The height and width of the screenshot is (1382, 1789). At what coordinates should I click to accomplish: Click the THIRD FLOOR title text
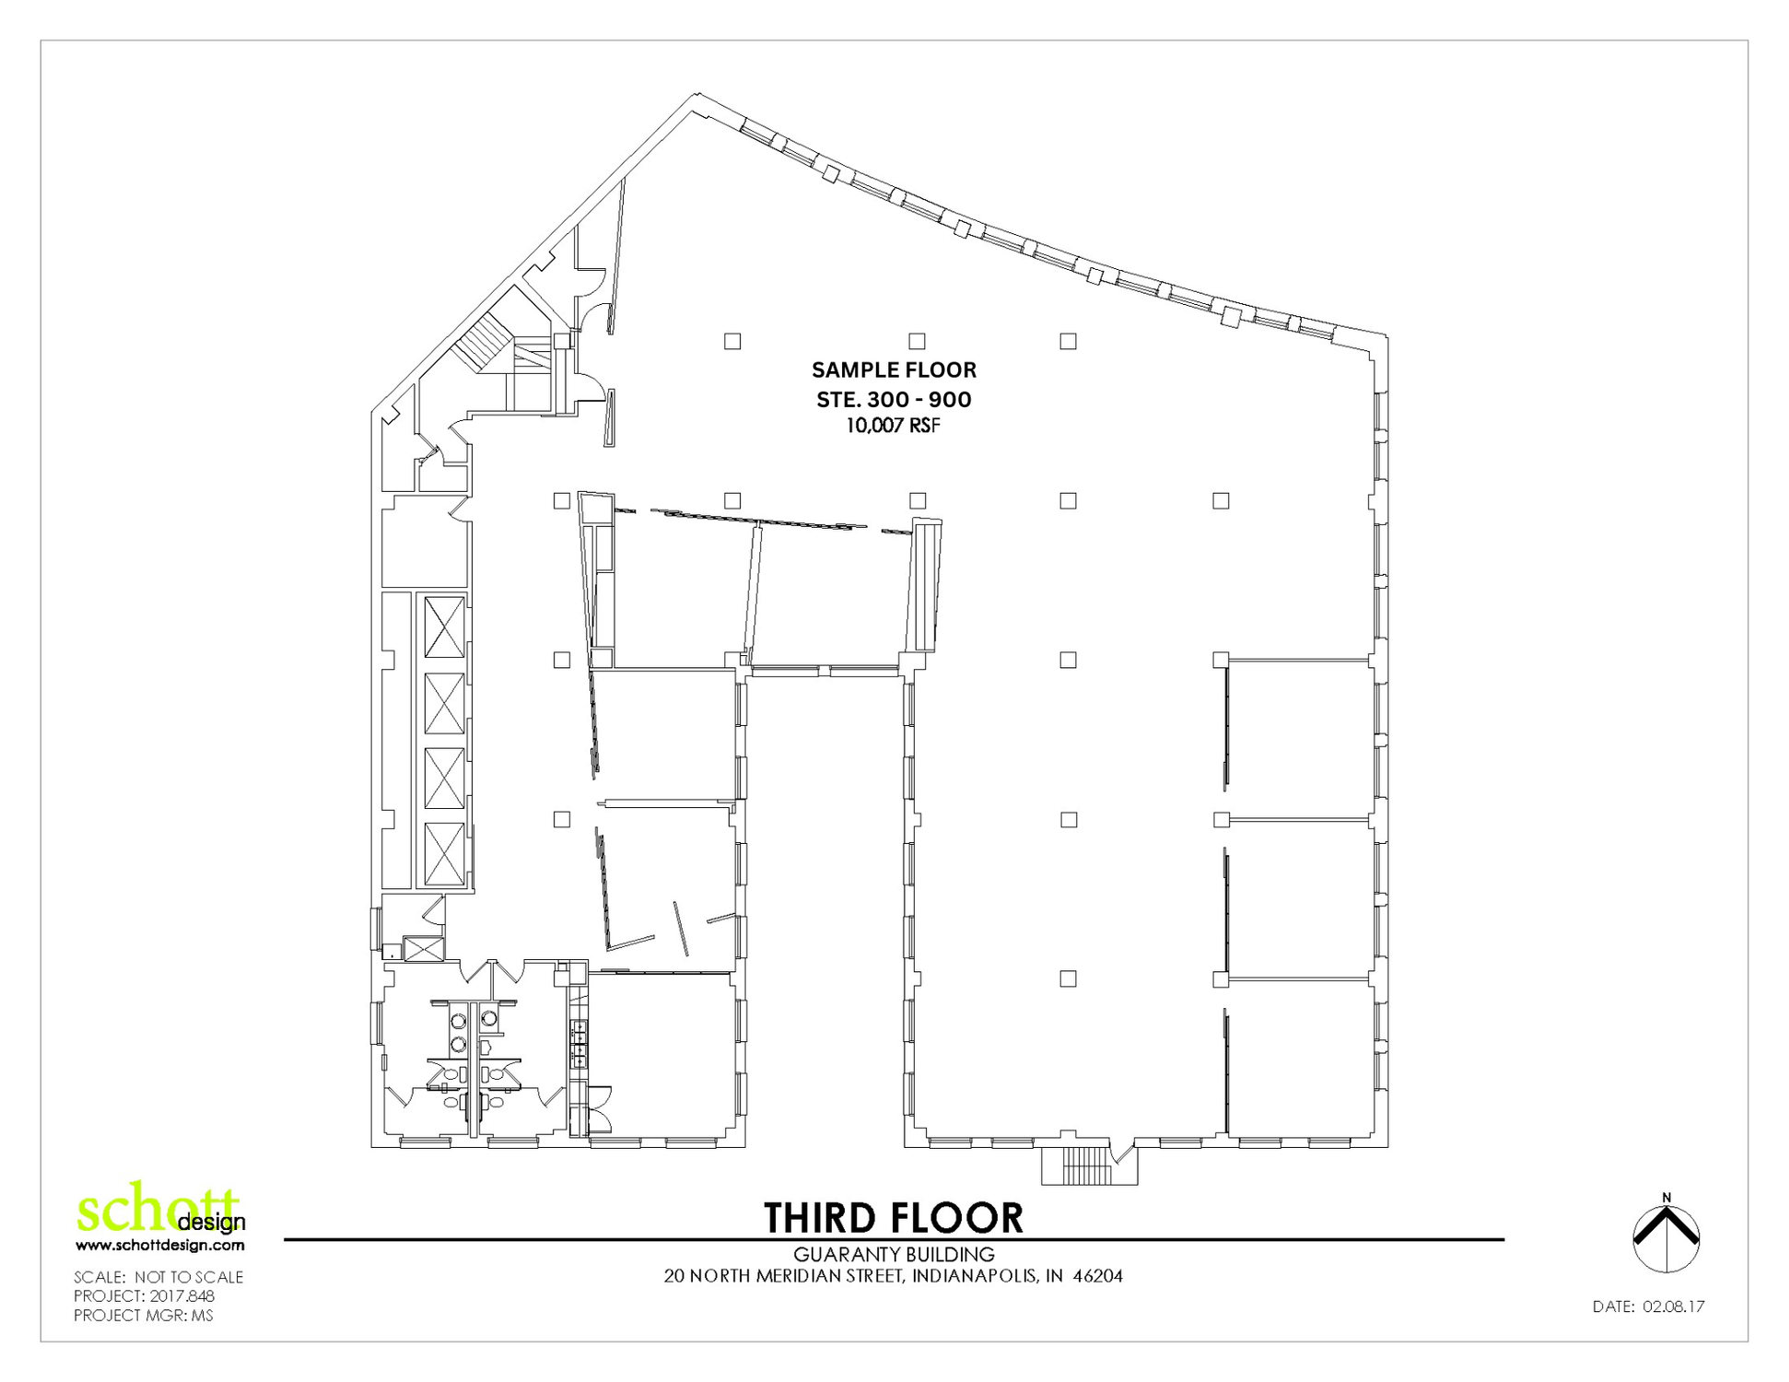point(894,1217)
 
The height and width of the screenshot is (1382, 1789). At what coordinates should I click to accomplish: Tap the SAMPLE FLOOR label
point(894,369)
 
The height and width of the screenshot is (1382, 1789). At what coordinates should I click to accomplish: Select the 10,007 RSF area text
point(894,426)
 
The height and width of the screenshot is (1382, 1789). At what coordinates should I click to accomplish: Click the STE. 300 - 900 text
point(894,399)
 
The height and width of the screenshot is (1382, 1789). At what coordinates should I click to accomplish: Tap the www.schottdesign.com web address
point(160,1245)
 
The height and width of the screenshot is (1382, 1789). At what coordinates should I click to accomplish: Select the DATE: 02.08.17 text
point(1648,1306)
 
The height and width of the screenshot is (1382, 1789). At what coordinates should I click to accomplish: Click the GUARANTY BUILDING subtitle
point(894,1254)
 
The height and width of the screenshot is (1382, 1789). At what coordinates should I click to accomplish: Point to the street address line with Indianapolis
point(894,1276)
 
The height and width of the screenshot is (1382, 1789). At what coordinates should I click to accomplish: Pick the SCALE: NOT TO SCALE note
point(158,1277)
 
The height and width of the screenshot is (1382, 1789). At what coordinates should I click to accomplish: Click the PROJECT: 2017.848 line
point(144,1295)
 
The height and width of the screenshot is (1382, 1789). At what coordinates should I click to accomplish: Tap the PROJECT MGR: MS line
point(144,1315)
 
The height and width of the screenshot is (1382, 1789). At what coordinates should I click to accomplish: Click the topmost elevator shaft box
point(444,627)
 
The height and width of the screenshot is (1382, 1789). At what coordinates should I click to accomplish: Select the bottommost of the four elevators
point(444,853)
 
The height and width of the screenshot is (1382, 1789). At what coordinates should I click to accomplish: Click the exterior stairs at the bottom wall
point(1089,1165)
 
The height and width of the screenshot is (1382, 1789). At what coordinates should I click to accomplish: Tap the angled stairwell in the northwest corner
point(485,343)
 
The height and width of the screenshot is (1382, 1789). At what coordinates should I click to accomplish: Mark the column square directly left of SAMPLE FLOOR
point(732,341)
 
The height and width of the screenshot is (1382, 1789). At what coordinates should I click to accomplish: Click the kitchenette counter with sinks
point(579,1043)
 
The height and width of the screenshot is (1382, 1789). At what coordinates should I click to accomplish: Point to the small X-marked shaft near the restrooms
point(424,949)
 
